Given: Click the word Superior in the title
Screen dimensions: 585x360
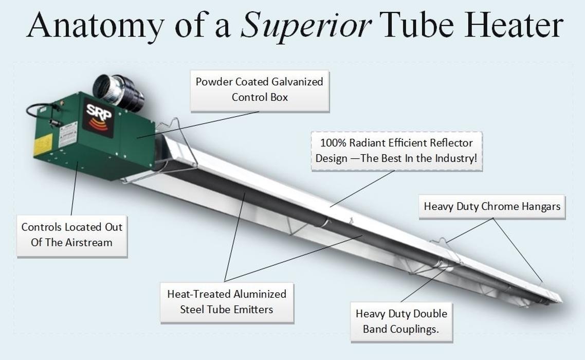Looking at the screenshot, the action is click(x=305, y=26).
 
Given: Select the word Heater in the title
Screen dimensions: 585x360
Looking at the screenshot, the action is click(x=514, y=25).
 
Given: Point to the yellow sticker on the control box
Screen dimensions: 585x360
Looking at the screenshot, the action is click(x=43, y=145).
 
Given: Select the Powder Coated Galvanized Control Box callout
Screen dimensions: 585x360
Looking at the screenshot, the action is click(x=260, y=90).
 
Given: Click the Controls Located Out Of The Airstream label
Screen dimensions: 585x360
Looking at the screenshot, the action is click(x=72, y=236).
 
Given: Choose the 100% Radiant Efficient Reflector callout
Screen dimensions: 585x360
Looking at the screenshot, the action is click(x=396, y=151).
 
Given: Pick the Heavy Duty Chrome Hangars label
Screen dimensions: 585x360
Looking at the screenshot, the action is click(x=492, y=207).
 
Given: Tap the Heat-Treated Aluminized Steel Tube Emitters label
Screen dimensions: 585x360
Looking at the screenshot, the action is click(x=227, y=302).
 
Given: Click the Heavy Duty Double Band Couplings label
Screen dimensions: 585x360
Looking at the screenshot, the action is click(x=401, y=322).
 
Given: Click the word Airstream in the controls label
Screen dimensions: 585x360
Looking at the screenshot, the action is click(x=89, y=243).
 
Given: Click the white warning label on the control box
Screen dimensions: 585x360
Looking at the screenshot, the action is click(x=67, y=134).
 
